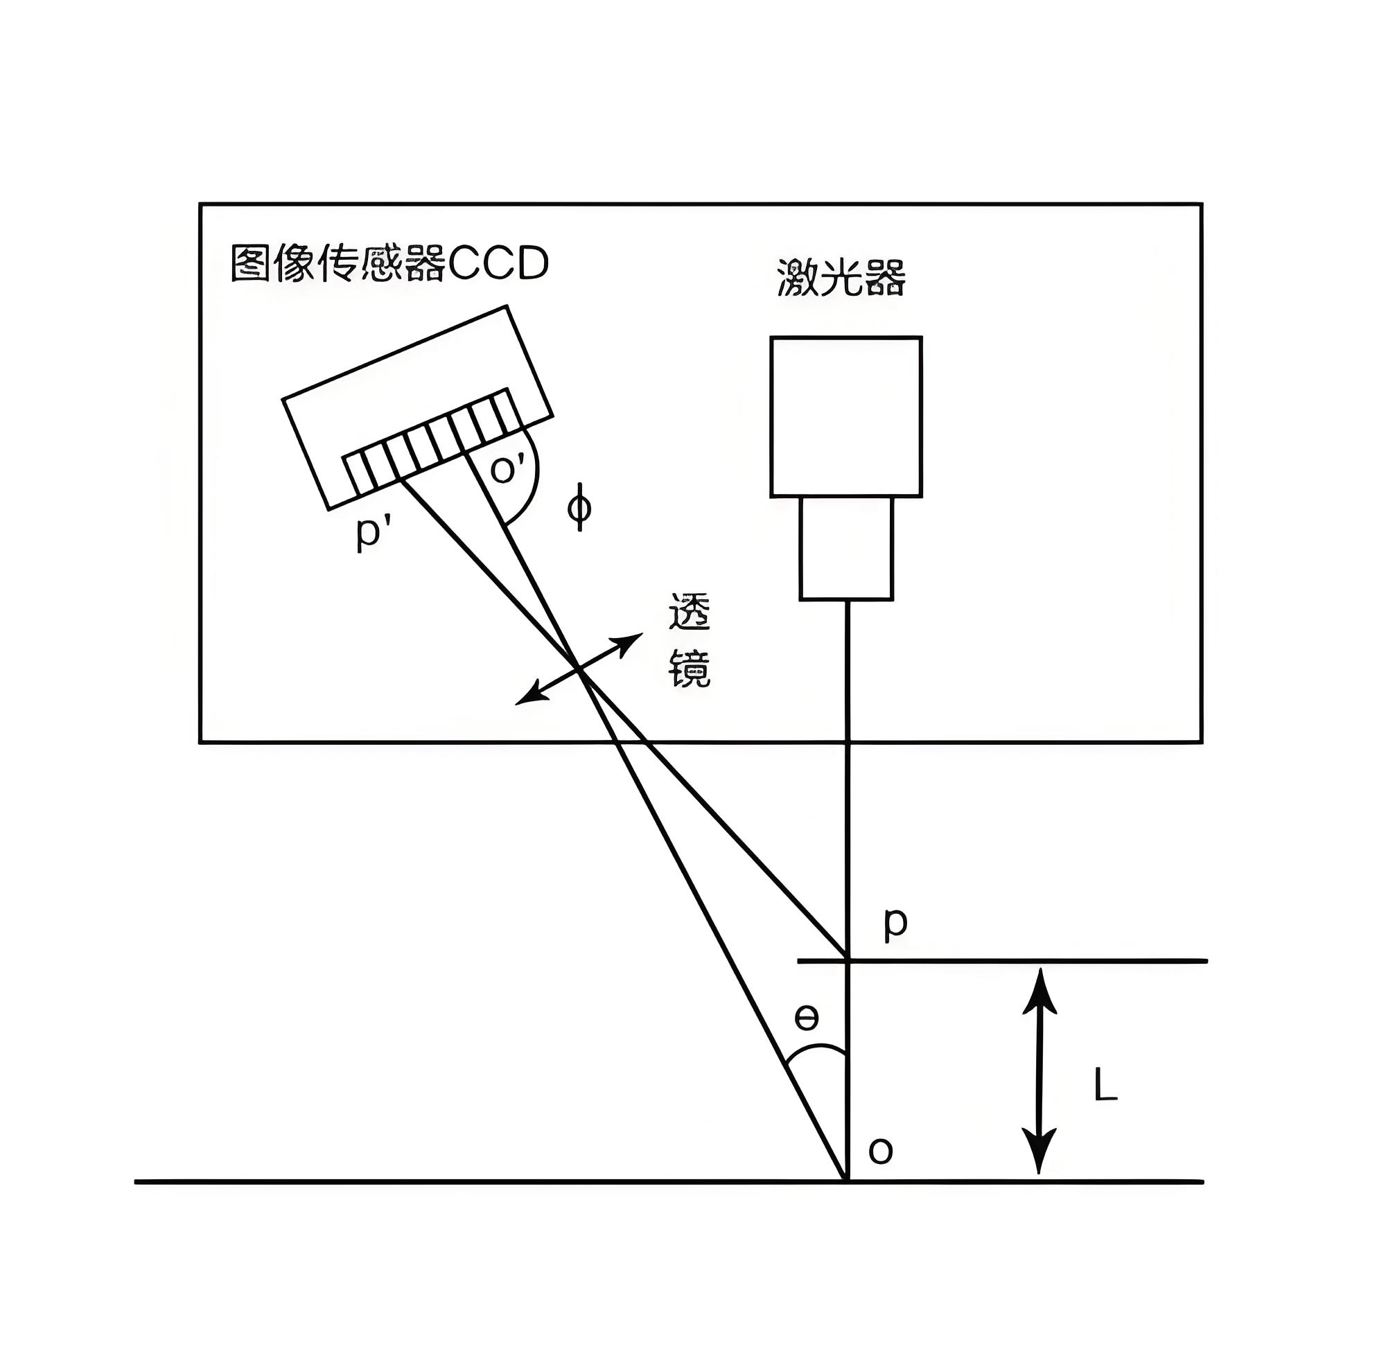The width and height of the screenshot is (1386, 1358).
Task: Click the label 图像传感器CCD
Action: [x=389, y=264]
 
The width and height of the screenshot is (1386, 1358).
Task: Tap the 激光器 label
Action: [x=841, y=277]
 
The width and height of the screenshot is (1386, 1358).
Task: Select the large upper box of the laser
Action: [x=846, y=416]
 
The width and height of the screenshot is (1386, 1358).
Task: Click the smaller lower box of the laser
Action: [x=846, y=548]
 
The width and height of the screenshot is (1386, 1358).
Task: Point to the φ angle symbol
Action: [x=579, y=507]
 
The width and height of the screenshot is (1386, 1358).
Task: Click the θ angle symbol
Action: [x=806, y=1019]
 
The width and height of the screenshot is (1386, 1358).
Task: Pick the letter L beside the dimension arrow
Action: [x=1105, y=1087]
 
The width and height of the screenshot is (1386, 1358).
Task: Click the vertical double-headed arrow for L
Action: [x=1039, y=1070]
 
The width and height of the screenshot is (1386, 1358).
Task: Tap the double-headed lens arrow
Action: [x=579, y=669]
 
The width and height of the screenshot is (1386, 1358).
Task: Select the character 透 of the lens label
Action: [x=689, y=612]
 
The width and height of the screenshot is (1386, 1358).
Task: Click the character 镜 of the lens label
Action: [x=689, y=669]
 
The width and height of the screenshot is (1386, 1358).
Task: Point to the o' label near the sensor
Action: [x=509, y=468]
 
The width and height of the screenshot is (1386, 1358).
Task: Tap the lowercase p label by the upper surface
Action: [x=895, y=924]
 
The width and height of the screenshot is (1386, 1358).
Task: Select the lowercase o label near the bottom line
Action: [x=880, y=1150]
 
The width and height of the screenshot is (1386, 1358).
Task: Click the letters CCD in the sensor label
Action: [x=498, y=264]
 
